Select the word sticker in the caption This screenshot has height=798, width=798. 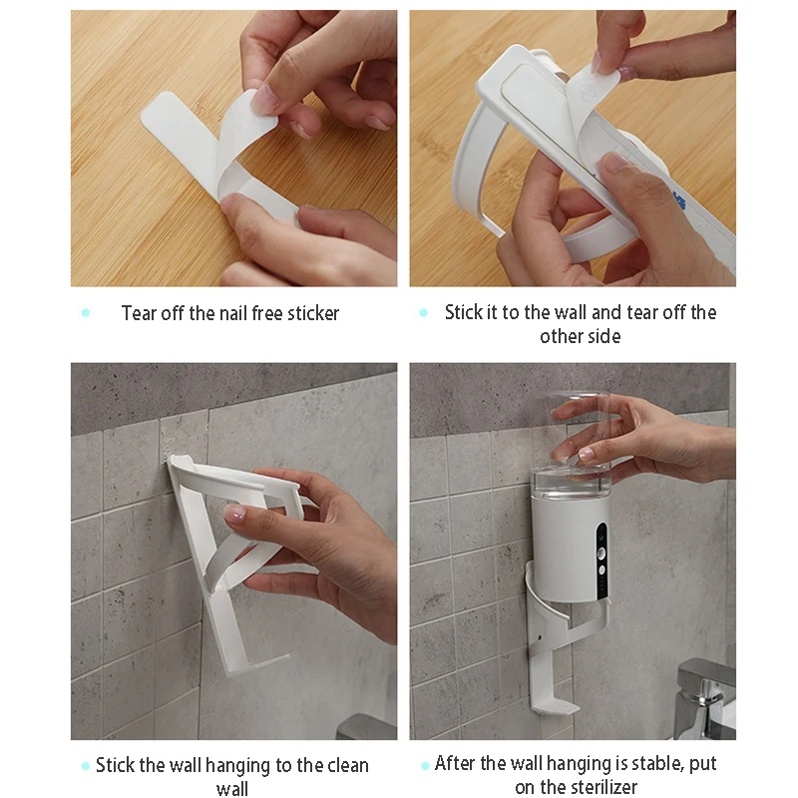pyautogui.click(x=313, y=313)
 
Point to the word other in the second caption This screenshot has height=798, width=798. pyautogui.click(x=561, y=337)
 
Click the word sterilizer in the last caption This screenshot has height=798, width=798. pyautogui.click(x=602, y=788)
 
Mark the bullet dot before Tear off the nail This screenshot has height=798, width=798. pyautogui.click(x=86, y=313)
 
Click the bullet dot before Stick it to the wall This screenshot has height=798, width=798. pyautogui.click(x=424, y=313)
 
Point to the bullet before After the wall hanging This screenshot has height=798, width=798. pyautogui.click(x=424, y=765)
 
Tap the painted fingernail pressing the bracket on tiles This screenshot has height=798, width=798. pyautogui.click(x=234, y=516)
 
